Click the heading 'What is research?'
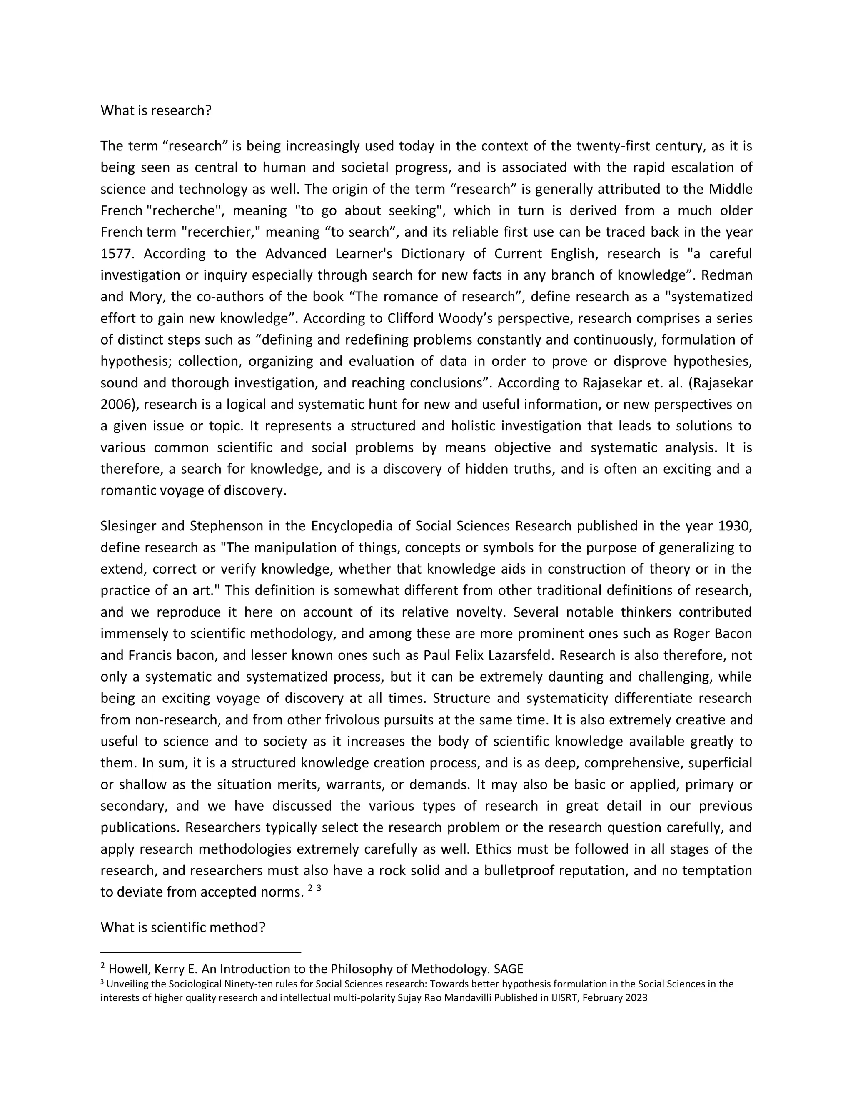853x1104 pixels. click(x=156, y=110)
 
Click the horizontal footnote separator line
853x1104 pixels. click(x=201, y=952)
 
